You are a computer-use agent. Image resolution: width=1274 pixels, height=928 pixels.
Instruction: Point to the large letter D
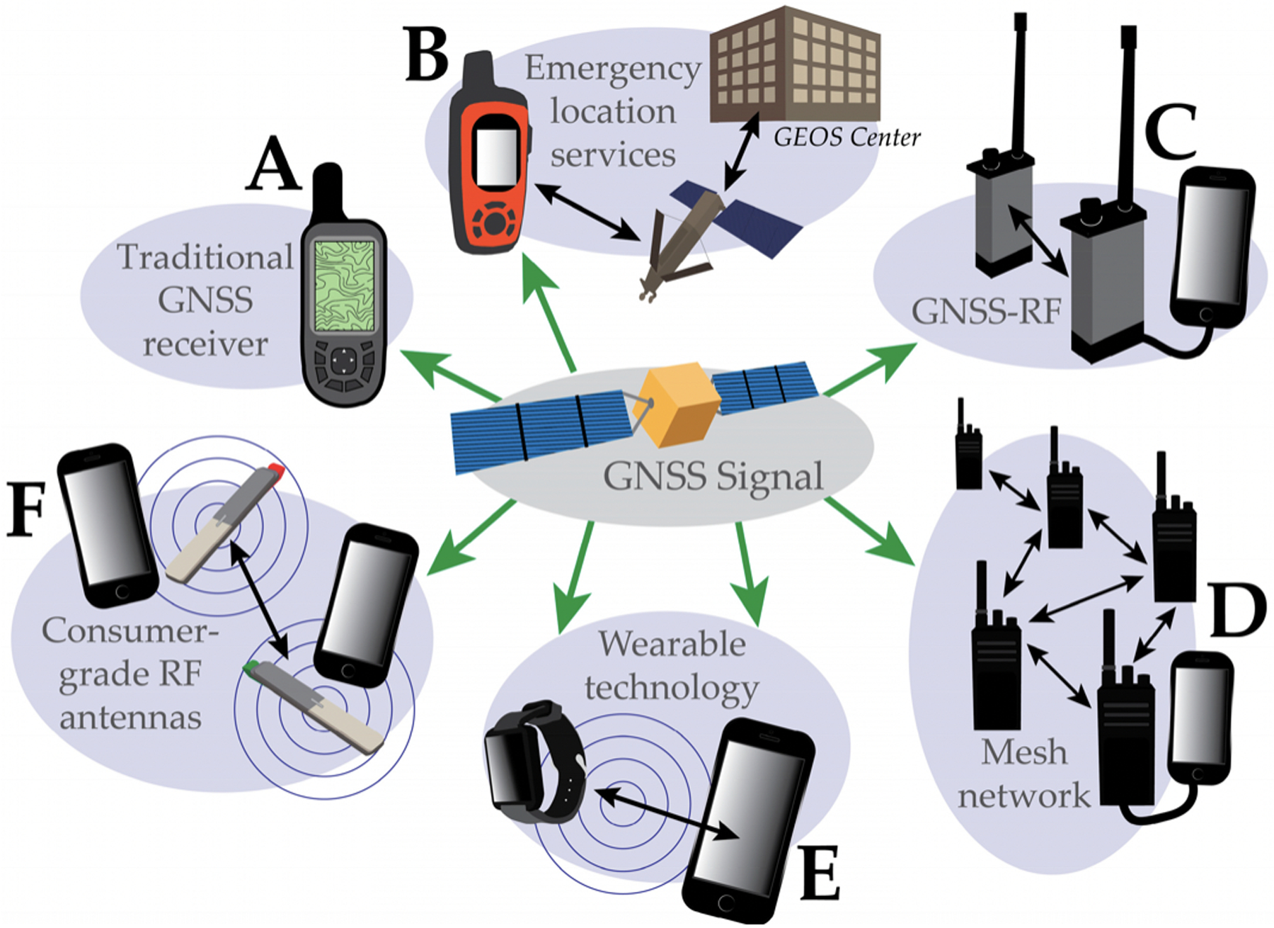click(x=1237, y=610)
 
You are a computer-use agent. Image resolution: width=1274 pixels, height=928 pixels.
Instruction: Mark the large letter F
click(x=26, y=509)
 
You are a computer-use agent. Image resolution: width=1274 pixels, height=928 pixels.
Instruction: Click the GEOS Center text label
click(x=847, y=137)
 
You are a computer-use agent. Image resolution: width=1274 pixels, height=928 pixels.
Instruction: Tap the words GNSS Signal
click(x=713, y=476)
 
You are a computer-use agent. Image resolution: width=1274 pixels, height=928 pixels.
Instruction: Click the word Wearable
click(x=672, y=644)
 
